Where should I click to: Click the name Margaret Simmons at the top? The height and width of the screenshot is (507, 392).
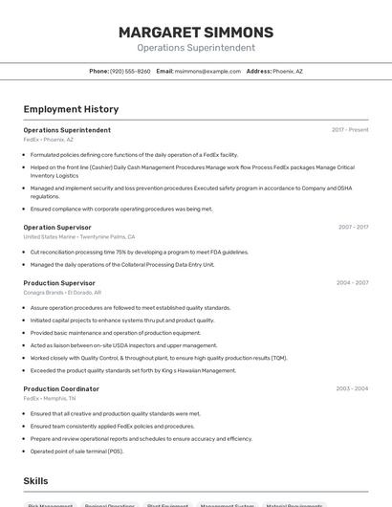pos(196,33)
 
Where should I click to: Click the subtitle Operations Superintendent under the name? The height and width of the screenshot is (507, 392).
pos(196,48)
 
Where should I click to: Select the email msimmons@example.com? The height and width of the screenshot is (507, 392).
pos(207,71)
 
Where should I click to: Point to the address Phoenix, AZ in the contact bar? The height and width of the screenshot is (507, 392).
pos(287,71)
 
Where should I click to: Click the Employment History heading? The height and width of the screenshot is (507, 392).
pos(71,109)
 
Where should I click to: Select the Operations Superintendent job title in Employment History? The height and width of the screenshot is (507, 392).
pos(67,130)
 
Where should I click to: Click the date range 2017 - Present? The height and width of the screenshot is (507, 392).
pos(350,130)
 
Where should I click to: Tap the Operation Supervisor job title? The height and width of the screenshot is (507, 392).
pos(57,227)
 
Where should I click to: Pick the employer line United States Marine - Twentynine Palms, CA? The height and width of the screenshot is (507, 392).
pos(79,236)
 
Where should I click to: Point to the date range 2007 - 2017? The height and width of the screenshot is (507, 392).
pos(353,228)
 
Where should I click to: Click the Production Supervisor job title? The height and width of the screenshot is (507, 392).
pos(59,283)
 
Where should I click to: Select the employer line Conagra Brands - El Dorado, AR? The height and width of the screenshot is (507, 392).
pos(62,293)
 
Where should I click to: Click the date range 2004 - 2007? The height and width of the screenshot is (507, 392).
pos(352,283)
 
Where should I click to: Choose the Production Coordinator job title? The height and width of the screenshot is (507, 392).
pos(61,389)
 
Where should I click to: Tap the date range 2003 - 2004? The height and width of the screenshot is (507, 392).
pos(352,389)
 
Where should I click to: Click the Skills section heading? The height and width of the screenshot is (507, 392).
pos(35,481)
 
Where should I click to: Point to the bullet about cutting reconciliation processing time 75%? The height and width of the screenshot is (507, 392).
pos(140,253)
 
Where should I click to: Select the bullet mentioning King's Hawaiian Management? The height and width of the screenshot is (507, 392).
pos(133,370)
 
